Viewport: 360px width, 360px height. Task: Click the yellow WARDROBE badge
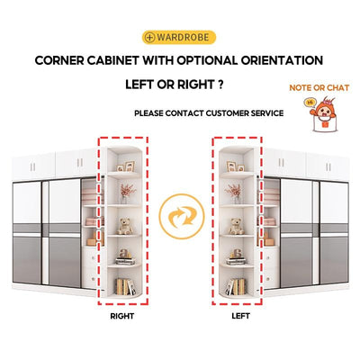[x=179, y=37]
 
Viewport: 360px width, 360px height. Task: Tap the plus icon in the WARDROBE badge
[x=149, y=38]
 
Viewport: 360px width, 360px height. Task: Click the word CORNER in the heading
[x=59, y=60]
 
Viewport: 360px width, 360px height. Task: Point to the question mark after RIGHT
[x=220, y=85]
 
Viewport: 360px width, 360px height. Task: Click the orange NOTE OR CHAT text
[x=319, y=88]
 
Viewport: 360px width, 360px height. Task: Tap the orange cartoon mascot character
[x=322, y=115]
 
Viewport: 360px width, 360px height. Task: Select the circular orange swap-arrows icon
[x=182, y=216]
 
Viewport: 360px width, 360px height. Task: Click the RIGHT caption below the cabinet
[x=122, y=316]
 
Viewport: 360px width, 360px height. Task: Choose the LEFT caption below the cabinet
[x=240, y=316]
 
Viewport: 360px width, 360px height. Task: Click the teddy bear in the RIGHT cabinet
[x=124, y=227]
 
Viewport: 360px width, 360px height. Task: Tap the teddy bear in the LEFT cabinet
[x=237, y=227]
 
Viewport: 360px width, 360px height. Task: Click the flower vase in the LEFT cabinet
[x=235, y=193]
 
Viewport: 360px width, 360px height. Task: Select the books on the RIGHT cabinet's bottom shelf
[x=125, y=287]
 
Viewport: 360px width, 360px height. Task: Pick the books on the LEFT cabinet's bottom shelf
[x=236, y=287]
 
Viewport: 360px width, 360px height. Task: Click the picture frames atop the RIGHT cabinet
[x=126, y=166]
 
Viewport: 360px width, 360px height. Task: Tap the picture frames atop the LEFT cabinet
[x=235, y=166]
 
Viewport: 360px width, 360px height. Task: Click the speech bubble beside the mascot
[x=310, y=103]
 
